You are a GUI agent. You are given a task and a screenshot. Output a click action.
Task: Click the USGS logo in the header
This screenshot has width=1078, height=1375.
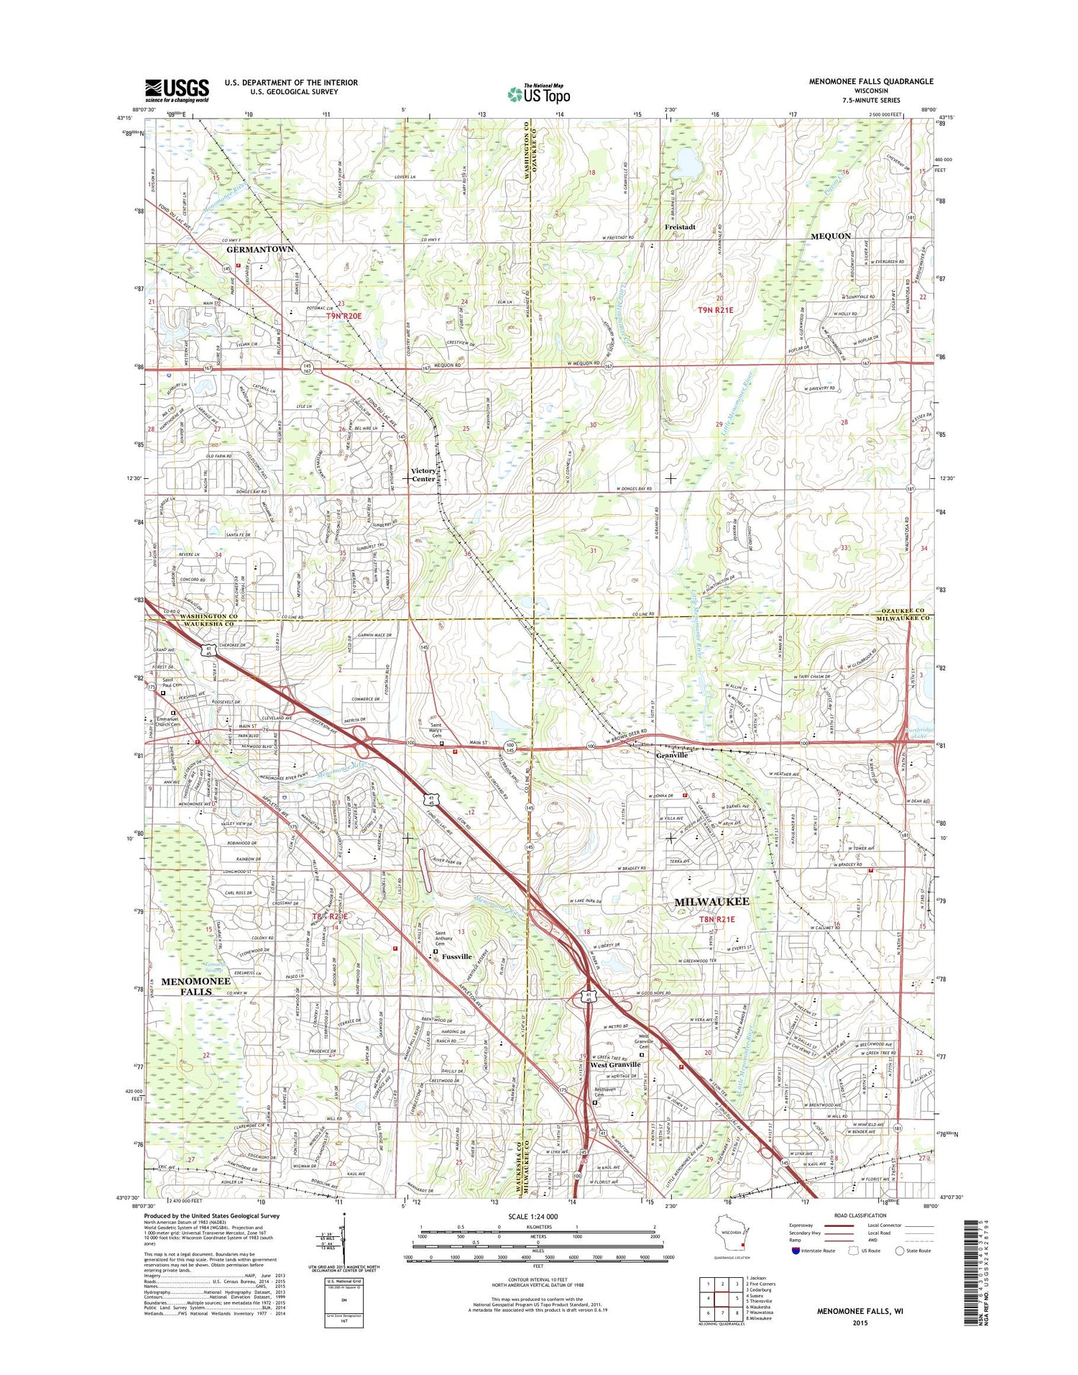(x=177, y=91)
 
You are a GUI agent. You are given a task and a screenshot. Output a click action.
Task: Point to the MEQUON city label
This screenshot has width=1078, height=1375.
(x=831, y=236)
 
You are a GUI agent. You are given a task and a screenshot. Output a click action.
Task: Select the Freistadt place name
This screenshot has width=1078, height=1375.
(x=680, y=227)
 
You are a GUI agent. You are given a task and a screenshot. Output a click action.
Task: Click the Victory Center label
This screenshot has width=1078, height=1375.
(x=423, y=475)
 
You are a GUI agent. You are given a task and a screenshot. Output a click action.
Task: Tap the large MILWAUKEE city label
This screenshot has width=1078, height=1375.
(x=711, y=901)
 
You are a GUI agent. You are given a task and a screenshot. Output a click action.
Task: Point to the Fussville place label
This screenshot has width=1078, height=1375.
(x=456, y=956)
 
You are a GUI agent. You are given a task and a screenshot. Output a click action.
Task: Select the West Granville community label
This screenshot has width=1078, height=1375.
(x=615, y=1064)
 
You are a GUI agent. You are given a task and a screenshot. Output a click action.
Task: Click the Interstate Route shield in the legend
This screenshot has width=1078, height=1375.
(x=793, y=1250)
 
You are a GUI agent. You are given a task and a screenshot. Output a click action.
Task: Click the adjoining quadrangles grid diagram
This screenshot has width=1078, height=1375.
(x=721, y=1301)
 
